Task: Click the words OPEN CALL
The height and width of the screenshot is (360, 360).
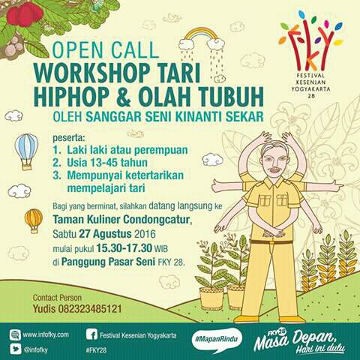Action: (x=106, y=51)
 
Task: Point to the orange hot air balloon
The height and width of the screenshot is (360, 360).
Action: (x=34, y=219)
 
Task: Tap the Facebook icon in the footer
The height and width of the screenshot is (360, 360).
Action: (x=92, y=334)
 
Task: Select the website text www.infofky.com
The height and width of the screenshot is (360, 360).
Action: (x=46, y=334)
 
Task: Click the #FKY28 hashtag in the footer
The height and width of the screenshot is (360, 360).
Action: (x=96, y=349)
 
